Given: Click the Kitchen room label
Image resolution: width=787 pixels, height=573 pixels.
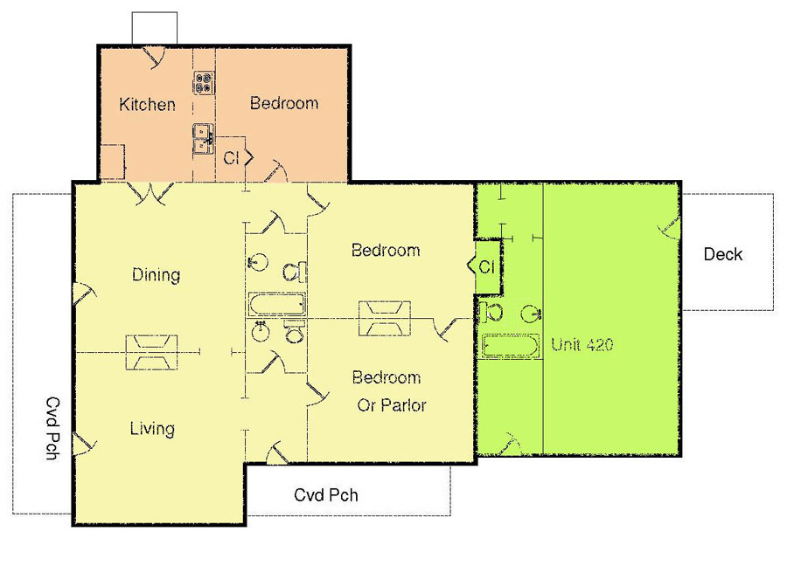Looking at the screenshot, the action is coord(147,104).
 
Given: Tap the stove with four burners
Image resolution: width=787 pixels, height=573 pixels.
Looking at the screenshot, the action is coord(205,83).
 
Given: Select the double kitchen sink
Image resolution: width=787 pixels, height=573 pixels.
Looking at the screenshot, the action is coord(204,139).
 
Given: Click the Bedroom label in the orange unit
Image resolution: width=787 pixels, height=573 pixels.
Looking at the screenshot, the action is coord(284,103).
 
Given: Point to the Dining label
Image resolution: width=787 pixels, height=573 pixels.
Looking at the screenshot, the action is coord(156,275).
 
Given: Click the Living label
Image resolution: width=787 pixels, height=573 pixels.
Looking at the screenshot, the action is coord(152,429).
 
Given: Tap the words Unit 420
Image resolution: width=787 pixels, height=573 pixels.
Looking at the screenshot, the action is coord(582,344).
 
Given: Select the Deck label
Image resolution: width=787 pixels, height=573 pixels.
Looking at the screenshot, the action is coord(723,254).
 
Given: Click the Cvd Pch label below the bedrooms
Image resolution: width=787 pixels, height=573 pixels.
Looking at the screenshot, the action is coord(326,495).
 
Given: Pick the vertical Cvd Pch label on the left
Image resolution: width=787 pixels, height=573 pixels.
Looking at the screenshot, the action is coord(52,429).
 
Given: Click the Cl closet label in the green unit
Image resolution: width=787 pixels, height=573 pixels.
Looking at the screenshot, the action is coord(487,267).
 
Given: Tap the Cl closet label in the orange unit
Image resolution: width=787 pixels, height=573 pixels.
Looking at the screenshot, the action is coord(231,158).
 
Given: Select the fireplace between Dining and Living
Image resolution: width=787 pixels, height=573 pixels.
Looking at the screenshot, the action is coord(151,353).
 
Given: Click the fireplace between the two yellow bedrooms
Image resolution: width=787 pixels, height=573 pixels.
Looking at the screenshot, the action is coord(385,318).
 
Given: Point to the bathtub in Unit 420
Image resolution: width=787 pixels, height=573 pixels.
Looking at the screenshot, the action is coord(511,346).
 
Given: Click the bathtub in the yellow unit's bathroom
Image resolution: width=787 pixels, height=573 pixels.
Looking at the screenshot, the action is coord(276,305).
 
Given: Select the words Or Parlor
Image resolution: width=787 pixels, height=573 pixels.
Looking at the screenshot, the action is coord(392,405).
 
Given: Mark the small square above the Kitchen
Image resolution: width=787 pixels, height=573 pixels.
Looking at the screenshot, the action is coord(155,28).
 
